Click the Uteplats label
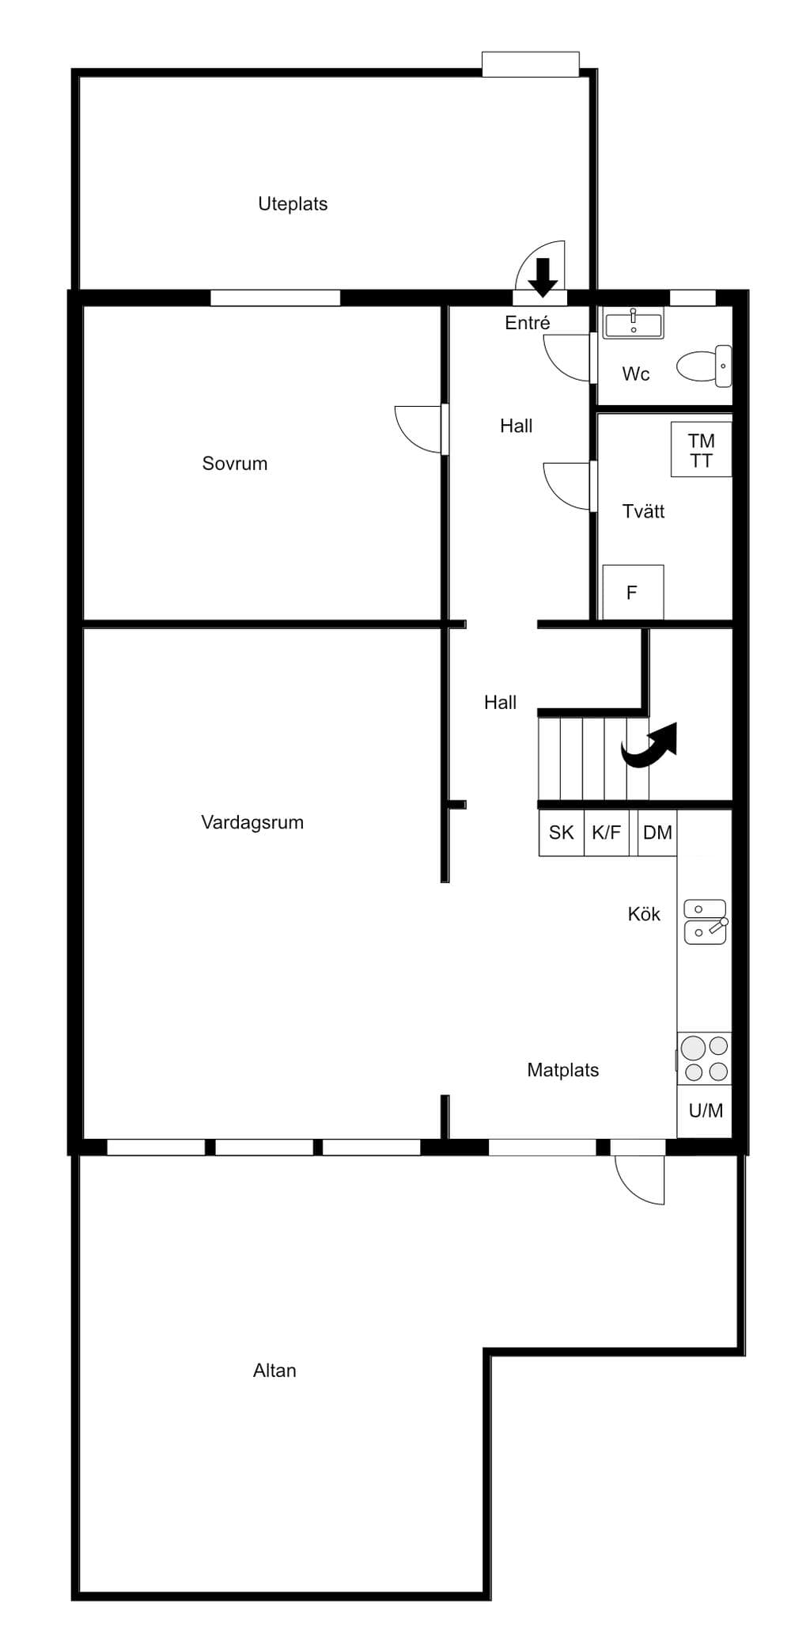[293, 203]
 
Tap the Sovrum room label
[235, 464]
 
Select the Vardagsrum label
[252, 822]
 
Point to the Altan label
[274, 1371]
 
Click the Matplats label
[563, 1070]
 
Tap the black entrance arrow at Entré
[543, 277]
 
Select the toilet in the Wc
[704, 366]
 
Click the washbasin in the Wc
[634, 323]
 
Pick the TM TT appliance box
[701, 449]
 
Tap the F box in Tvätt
[633, 592]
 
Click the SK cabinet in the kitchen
[562, 833]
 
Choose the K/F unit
[607, 833]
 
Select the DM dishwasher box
[657, 833]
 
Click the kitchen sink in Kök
[706, 922]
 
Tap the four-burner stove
[705, 1059]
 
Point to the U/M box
[705, 1111]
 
